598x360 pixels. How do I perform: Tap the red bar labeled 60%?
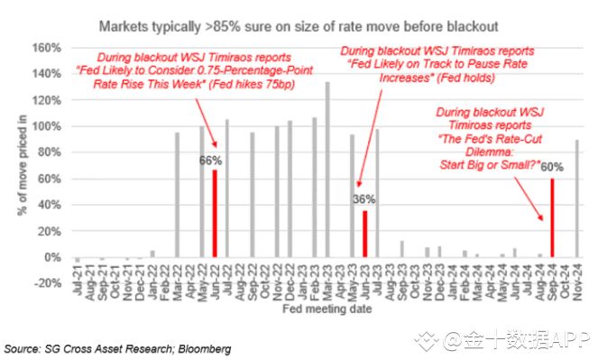coord(552,217)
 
